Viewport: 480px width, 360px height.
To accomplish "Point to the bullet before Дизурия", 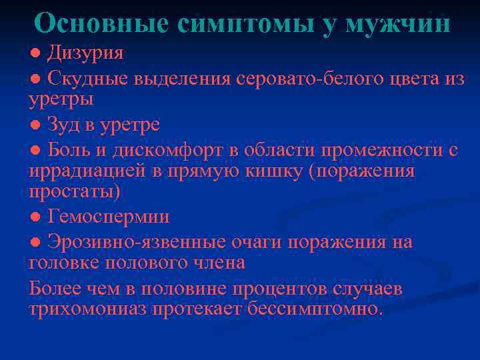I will pyautogui.click(x=35, y=53).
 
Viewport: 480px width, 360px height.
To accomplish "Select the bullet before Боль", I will pyautogui.click(x=35, y=150).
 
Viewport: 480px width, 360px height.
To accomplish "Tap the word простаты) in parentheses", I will pyautogui.click(x=75, y=192).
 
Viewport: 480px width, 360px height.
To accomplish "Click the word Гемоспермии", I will pyautogui.click(x=109, y=217).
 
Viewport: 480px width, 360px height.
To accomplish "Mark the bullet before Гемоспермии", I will pyautogui.click(x=35, y=217).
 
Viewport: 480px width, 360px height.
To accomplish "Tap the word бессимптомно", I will pyautogui.click(x=315, y=309).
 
